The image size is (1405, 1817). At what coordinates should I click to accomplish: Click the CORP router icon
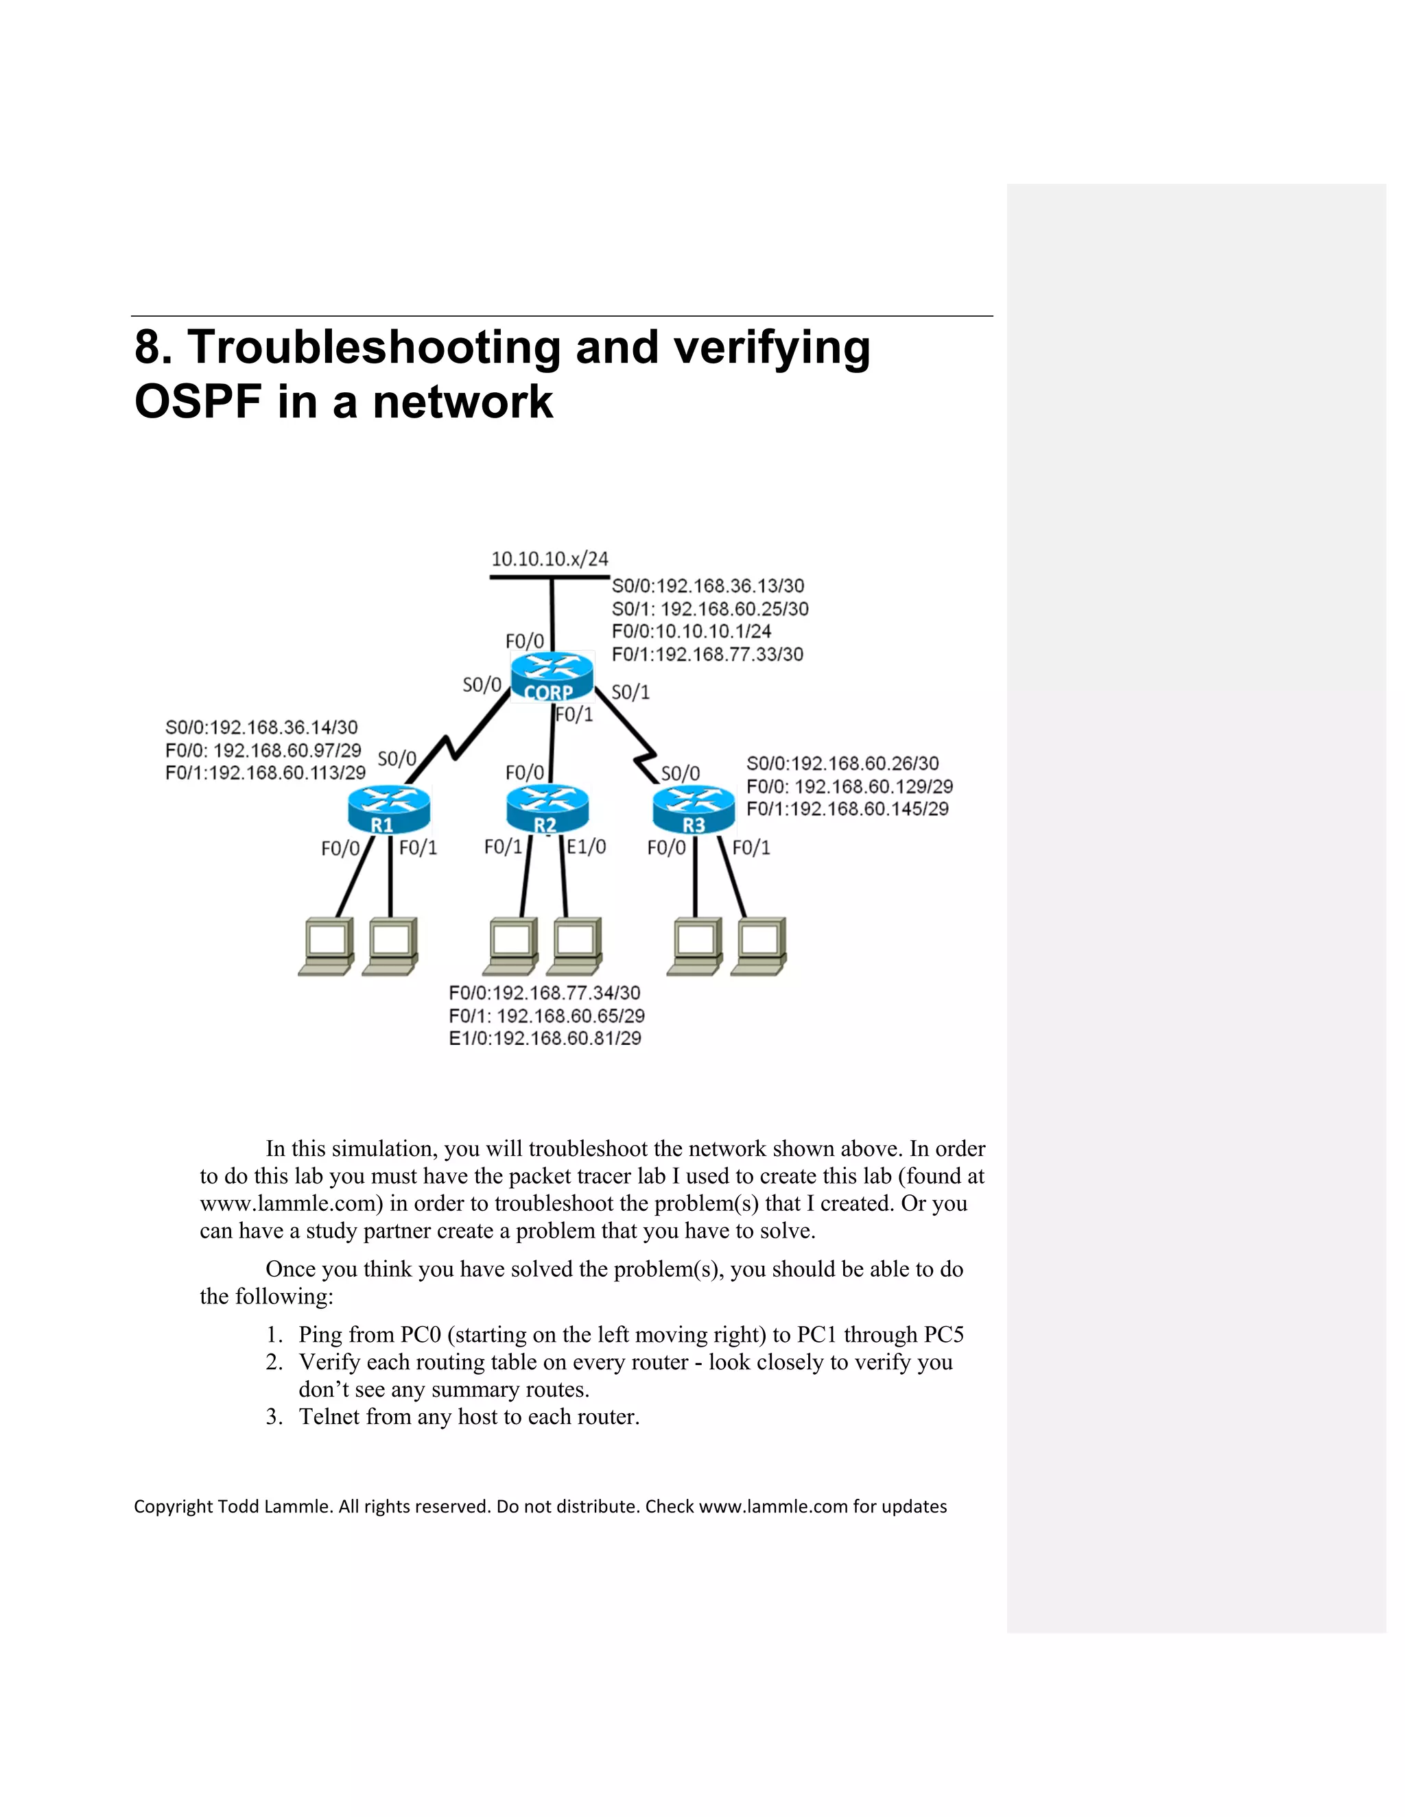[552, 676]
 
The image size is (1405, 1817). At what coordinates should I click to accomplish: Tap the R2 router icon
[547, 808]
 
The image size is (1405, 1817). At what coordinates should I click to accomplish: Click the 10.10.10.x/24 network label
[550, 559]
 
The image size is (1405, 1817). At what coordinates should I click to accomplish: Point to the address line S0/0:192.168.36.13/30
[707, 586]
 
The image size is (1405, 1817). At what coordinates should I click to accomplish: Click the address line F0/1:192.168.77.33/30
[707, 655]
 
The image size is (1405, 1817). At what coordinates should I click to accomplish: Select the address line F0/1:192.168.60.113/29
[265, 773]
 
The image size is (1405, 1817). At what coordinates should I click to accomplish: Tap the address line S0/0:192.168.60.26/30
[842, 764]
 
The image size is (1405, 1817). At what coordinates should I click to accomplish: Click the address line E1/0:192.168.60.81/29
[545, 1038]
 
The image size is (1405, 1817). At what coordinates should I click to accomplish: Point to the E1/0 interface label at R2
[587, 847]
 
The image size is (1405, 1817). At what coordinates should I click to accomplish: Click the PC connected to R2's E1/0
[574, 947]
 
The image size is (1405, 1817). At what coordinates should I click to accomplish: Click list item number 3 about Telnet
[469, 1417]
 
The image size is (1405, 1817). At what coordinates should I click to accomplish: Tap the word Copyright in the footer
[173, 1506]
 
